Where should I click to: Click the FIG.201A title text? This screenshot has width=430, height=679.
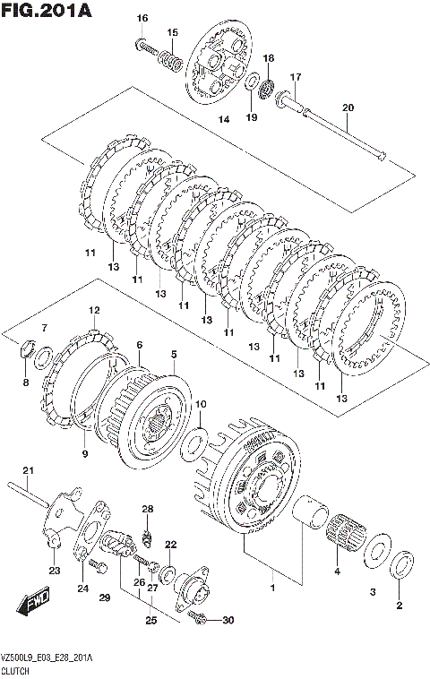[47, 10]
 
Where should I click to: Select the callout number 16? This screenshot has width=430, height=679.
[142, 18]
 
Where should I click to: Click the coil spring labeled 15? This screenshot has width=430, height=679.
[170, 60]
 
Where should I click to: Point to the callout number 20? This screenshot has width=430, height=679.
[348, 107]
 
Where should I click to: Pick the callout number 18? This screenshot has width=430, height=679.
[269, 58]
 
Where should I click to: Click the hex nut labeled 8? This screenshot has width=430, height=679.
[27, 348]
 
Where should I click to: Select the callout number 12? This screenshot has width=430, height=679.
[94, 310]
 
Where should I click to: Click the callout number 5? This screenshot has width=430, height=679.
[174, 354]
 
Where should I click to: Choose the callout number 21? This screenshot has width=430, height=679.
[28, 470]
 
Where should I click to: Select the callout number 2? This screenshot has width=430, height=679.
[400, 605]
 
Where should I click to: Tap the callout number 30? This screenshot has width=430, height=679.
[228, 620]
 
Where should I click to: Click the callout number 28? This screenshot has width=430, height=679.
[148, 509]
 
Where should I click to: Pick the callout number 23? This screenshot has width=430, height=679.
[55, 571]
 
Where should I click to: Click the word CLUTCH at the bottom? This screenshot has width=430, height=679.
[15, 671]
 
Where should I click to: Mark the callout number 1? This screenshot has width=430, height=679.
[273, 588]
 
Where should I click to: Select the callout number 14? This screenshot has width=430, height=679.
[224, 119]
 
